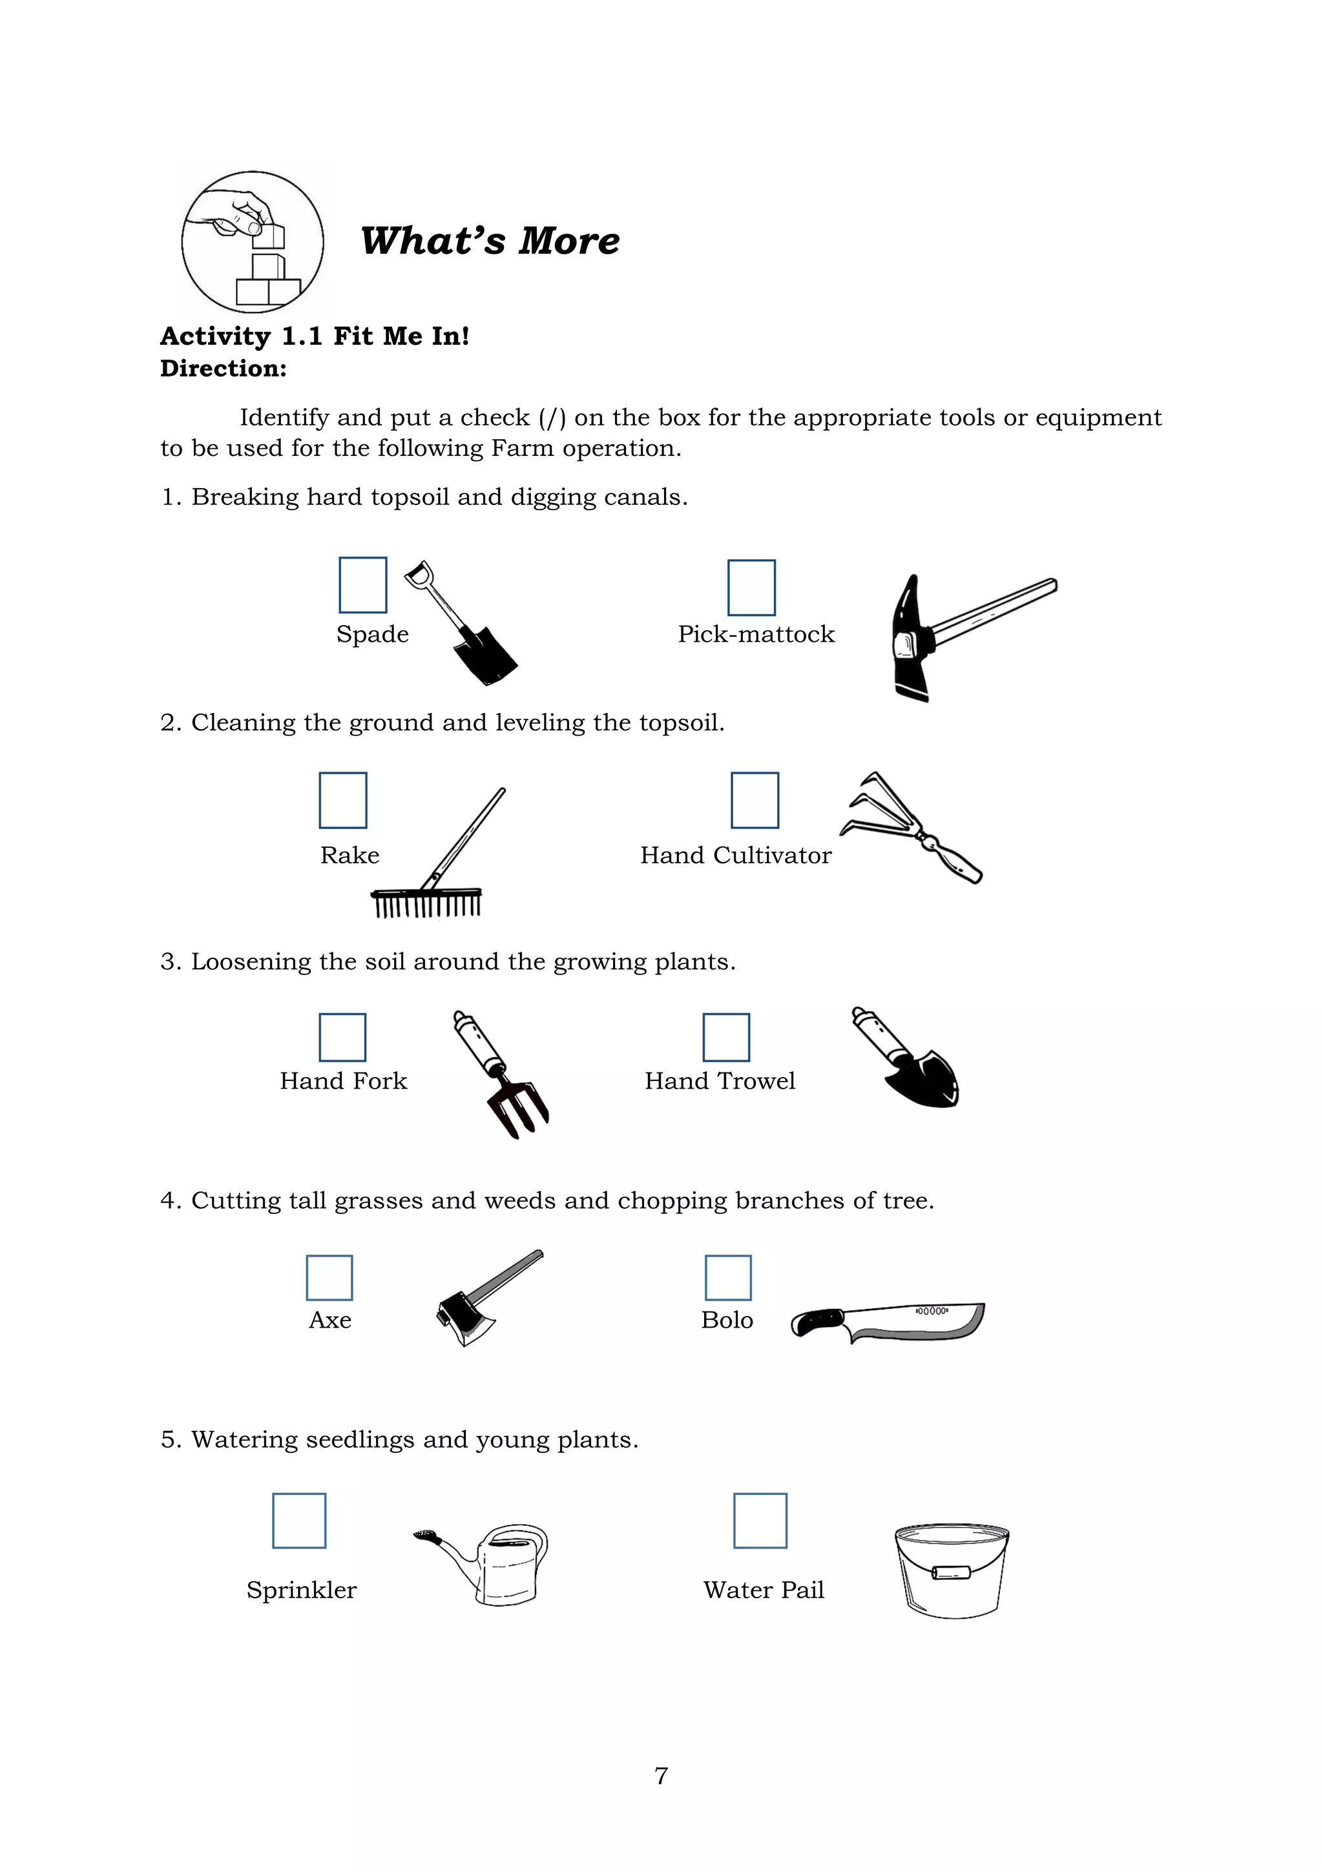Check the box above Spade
(362, 585)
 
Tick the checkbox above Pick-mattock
(751, 587)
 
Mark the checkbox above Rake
(343, 800)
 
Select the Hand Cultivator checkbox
(755, 800)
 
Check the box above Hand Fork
(342, 1037)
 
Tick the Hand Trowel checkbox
(726, 1037)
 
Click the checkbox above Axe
(329, 1277)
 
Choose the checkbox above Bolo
(727, 1277)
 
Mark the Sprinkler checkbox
(299, 1520)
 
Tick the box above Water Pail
(760, 1520)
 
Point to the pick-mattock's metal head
(910, 639)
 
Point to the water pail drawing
(952, 1570)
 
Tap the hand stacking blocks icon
(253, 242)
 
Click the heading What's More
(490, 241)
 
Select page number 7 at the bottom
(661, 1776)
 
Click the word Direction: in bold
(224, 368)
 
